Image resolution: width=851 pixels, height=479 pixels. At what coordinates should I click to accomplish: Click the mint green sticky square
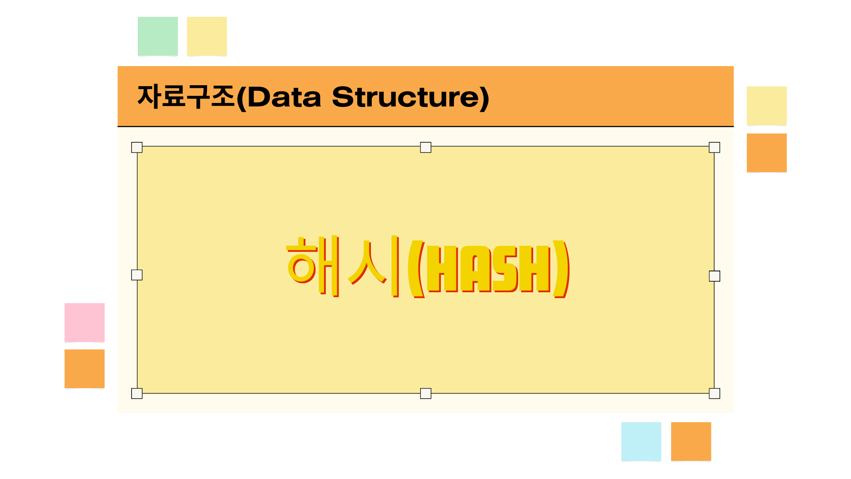(x=158, y=36)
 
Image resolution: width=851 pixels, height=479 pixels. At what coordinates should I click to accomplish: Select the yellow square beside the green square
(x=207, y=36)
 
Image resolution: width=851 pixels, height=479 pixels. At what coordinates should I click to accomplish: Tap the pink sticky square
(x=85, y=323)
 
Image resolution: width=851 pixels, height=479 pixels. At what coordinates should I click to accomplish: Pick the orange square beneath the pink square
(x=85, y=369)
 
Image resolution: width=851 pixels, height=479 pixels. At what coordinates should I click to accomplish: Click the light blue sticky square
(x=641, y=442)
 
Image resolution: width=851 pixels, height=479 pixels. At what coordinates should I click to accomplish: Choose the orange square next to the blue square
(x=691, y=442)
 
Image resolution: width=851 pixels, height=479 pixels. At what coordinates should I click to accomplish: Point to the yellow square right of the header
(x=767, y=106)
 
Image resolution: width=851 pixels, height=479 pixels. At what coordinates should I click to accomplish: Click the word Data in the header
(x=284, y=97)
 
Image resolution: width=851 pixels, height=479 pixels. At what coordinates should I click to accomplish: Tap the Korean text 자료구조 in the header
(x=186, y=97)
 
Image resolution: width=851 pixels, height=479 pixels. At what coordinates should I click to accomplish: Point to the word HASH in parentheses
(x=488, y=269)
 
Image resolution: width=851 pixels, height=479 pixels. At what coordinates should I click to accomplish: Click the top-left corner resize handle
(x=137, y=147)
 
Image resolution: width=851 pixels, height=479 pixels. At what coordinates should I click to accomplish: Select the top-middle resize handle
(x=425, y=147)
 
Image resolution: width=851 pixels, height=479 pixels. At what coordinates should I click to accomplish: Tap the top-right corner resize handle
(x=714, y=147)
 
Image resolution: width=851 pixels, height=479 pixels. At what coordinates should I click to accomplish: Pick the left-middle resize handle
(x=137, y=275)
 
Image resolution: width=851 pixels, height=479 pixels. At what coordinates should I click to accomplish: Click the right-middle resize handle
(x=714, y=276)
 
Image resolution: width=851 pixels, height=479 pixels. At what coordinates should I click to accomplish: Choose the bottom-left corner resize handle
(x=137, y=393)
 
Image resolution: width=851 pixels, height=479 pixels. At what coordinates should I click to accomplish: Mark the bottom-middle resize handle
(x=425, y=393)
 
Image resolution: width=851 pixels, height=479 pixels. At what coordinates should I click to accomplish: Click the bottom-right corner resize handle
(x=714, y=393)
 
